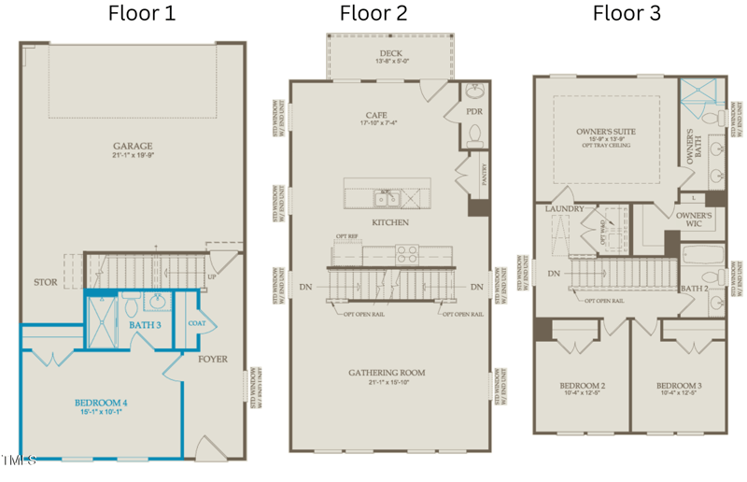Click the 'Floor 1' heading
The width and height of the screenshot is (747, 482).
pos(141,13)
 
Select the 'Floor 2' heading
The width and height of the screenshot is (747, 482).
pos(373,13)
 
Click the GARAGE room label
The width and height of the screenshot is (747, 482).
pos(133,146)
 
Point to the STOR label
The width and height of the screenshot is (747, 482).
pos(45,281)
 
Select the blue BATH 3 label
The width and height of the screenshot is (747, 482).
pos(145,324)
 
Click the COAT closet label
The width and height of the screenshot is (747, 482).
pos(196,324)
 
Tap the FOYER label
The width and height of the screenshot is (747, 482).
pos(212,358)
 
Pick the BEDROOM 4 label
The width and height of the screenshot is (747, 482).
pos(101,403)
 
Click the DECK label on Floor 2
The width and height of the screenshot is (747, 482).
pos(391,53)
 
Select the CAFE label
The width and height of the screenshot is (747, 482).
pos(376,115)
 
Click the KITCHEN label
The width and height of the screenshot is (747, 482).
pos(389,222)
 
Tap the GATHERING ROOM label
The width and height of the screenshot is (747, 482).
pos(387,373)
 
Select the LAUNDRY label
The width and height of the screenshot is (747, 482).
pos(564,209)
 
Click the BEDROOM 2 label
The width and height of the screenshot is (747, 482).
pos(583,386)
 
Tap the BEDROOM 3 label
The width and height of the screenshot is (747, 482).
pos(679,386)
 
